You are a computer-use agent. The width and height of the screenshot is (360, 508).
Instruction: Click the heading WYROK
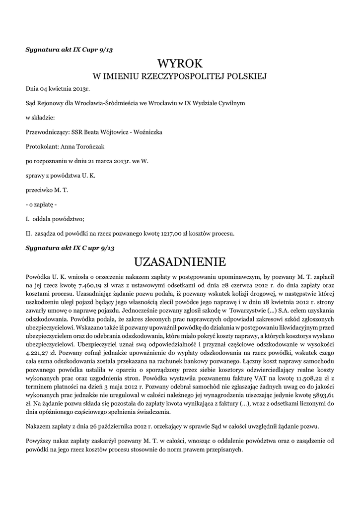coord(180,63)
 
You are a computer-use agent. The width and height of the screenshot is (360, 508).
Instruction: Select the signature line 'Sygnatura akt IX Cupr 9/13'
coord(72,49)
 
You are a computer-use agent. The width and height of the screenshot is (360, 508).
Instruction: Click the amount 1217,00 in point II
coord(172,233)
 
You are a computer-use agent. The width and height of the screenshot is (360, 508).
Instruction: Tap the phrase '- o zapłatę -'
coord(41,204)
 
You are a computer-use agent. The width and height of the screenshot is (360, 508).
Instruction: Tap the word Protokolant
coord(42,146)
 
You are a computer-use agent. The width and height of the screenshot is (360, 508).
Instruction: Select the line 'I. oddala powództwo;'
coord(55,219)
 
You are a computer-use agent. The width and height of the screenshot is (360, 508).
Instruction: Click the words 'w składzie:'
coord(40,118)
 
